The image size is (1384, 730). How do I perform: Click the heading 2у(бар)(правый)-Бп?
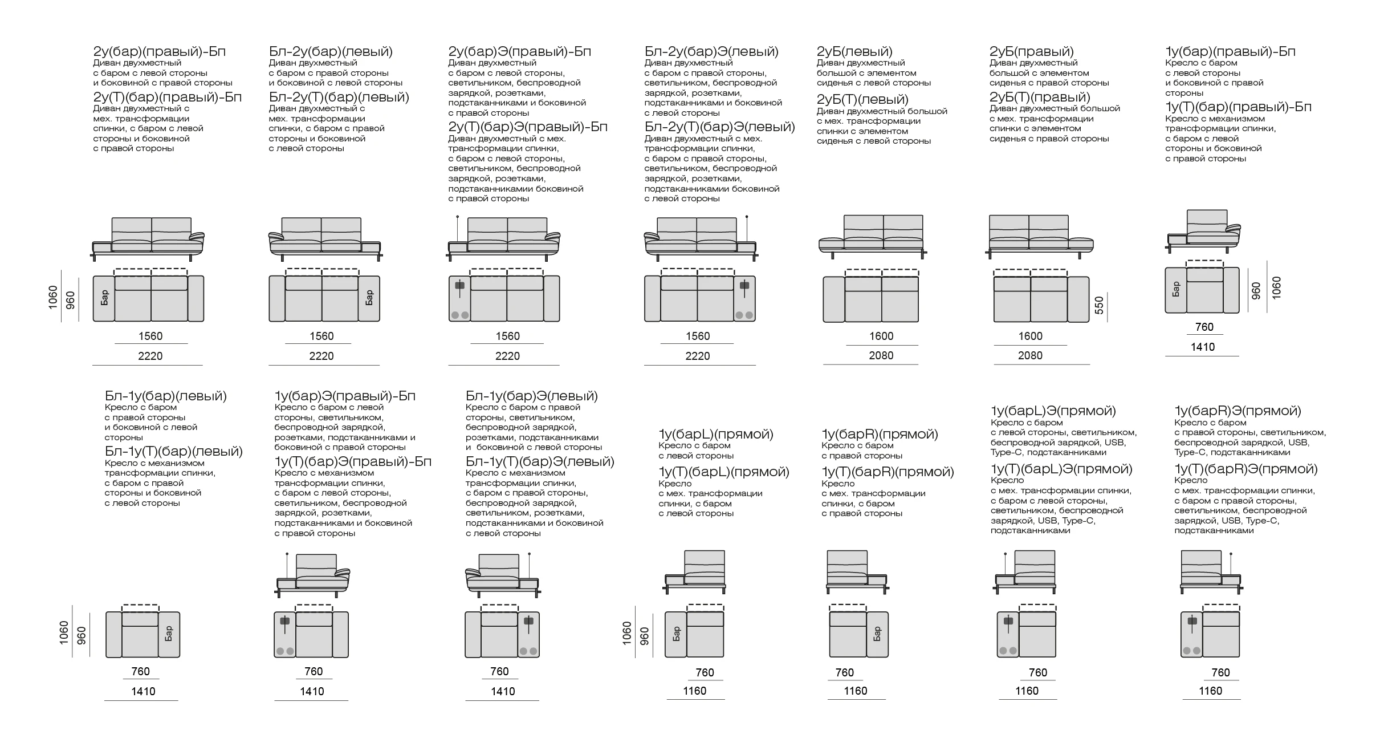click(x=160, y=51)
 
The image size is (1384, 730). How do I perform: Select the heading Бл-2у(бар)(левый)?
click(x=331, y=51)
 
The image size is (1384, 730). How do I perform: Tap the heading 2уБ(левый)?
click(x=854, y=51)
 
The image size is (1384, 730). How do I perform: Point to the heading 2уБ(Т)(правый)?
click(x=1040, y=97)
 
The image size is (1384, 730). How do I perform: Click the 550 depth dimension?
click(x=1100, y=305)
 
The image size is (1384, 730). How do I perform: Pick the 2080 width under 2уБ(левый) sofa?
click(x=881, y=355)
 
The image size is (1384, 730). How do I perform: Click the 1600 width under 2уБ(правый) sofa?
click(x=1030, y=336)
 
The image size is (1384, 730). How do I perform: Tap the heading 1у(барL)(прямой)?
click(x=716, y=434)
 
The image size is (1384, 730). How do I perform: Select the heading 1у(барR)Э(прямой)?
click(x=1238, y=411)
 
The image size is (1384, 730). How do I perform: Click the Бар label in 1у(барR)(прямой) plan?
click(x=877, y=634)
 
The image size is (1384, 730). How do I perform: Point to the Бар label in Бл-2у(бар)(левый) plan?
click(x=369, y=298)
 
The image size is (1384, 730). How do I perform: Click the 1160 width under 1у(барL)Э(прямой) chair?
click(x=1027, y=691)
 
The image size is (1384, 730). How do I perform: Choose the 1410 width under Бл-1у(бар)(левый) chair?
click(x=143, y=691)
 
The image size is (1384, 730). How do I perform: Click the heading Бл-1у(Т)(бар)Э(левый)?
click(x=540, y=461)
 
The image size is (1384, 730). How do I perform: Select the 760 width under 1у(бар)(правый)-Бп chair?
click(x=1204, y=327)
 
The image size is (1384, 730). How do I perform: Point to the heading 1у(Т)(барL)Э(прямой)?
click(x=1061, y=469)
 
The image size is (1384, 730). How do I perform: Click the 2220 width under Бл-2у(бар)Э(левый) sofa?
click(x=697, y=356)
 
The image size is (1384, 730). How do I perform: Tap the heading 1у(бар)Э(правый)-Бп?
click(x=345, y=396)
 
